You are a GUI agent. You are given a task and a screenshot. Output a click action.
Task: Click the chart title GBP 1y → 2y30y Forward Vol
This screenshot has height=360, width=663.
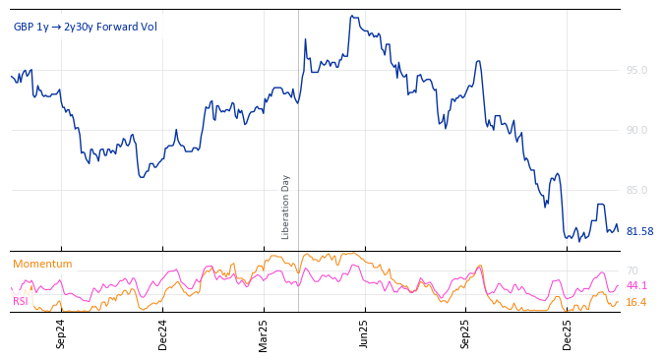tap(85, 27)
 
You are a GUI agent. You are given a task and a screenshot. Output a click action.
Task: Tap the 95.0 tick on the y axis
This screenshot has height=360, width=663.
tap(636, 70)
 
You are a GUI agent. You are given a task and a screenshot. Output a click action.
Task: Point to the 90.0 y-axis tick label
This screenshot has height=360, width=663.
tap(636, 130)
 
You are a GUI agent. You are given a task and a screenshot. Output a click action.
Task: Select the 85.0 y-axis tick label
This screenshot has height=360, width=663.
tap(636, 190)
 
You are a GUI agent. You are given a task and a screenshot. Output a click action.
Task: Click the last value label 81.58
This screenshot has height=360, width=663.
tap(639, 231)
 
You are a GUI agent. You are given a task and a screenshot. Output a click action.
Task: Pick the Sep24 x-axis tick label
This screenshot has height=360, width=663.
tap(61, 334)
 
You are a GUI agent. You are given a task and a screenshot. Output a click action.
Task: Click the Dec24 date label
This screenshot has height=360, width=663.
tap(162, 334)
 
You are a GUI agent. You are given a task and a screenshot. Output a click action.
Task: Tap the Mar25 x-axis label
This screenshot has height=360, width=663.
tap(264, 334)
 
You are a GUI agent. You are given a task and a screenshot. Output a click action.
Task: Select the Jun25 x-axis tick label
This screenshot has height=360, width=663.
tap(364, 334)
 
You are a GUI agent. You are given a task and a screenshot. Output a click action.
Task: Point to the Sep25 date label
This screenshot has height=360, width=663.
tap(465, 334)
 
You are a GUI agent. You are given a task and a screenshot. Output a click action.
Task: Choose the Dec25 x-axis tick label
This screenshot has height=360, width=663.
tap(568, 334)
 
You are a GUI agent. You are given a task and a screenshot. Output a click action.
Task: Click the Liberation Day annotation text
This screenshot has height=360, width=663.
tap(286, 207)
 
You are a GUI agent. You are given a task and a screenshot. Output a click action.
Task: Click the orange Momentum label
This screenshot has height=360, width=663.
tap(42, 264)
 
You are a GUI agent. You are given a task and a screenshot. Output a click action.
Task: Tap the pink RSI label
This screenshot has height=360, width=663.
tap(20, 301)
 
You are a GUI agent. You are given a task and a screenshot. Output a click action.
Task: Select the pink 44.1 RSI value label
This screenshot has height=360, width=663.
tap(636, 285)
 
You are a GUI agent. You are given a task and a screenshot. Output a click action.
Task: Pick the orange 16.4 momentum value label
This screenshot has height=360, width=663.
tap(636, 302)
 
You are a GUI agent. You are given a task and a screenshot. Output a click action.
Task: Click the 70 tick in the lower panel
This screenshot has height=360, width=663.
tap(633, 270)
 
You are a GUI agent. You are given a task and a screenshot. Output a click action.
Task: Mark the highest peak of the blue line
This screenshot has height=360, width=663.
tap(350, 16)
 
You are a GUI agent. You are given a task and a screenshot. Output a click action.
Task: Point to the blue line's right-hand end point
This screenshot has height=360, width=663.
tap(618, 230)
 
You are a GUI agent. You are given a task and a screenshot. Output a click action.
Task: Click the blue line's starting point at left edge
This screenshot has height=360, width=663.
tap(11, 76)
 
